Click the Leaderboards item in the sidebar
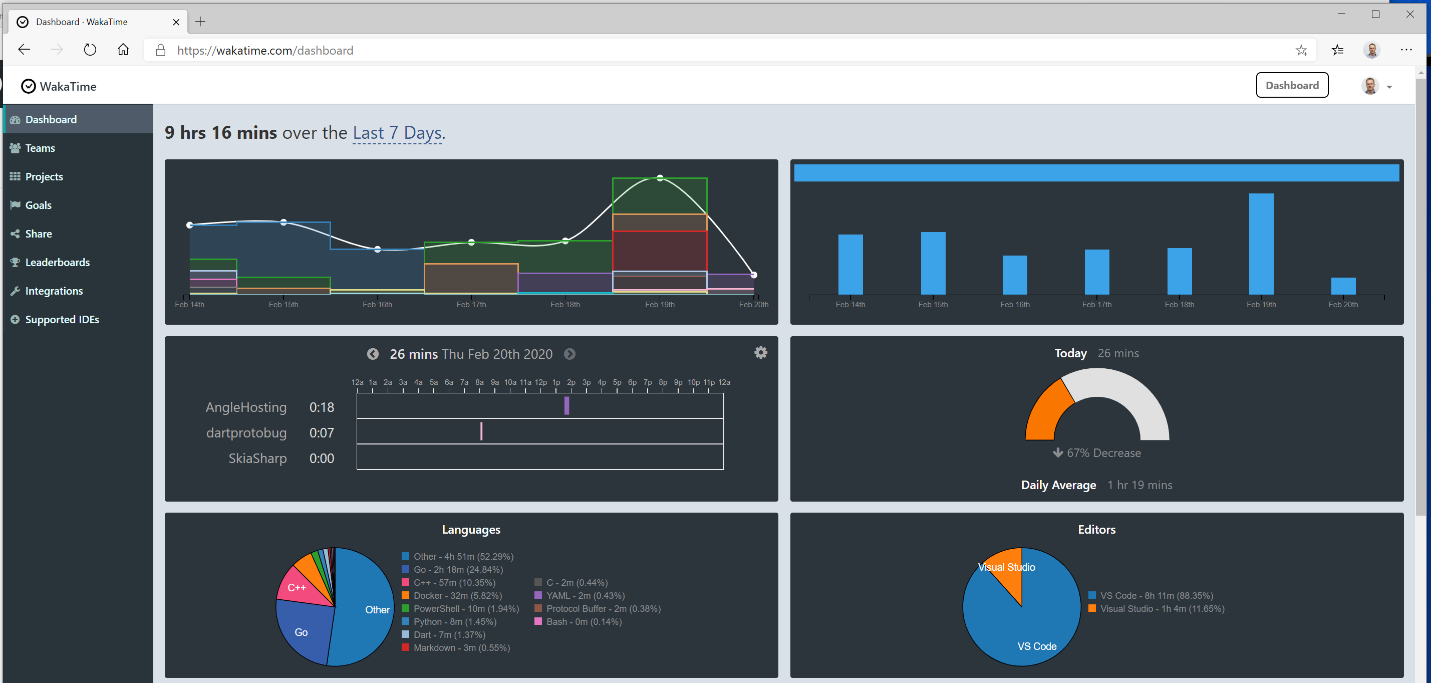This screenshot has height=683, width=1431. pos(57,262)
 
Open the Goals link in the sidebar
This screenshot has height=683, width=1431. pos(39,205)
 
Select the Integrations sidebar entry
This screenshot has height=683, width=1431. pos(54,291)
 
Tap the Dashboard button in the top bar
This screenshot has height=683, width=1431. pos(1292,86)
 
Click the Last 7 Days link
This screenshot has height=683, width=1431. pos(397,133)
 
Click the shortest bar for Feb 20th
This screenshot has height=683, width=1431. pos(1343,286)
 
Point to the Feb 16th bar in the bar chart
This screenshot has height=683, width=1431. pos(1014,275)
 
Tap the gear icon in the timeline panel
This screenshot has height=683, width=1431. pos(760,352)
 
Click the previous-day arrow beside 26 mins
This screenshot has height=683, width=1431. pos(373,354)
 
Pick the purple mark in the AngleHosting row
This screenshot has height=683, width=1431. pos(566,406)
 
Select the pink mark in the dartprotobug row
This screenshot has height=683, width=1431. pos(481,431)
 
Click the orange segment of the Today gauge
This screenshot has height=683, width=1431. pos(1048,411)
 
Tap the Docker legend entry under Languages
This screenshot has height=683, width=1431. pos(457,596)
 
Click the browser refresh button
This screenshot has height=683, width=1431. pos(90,50)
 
